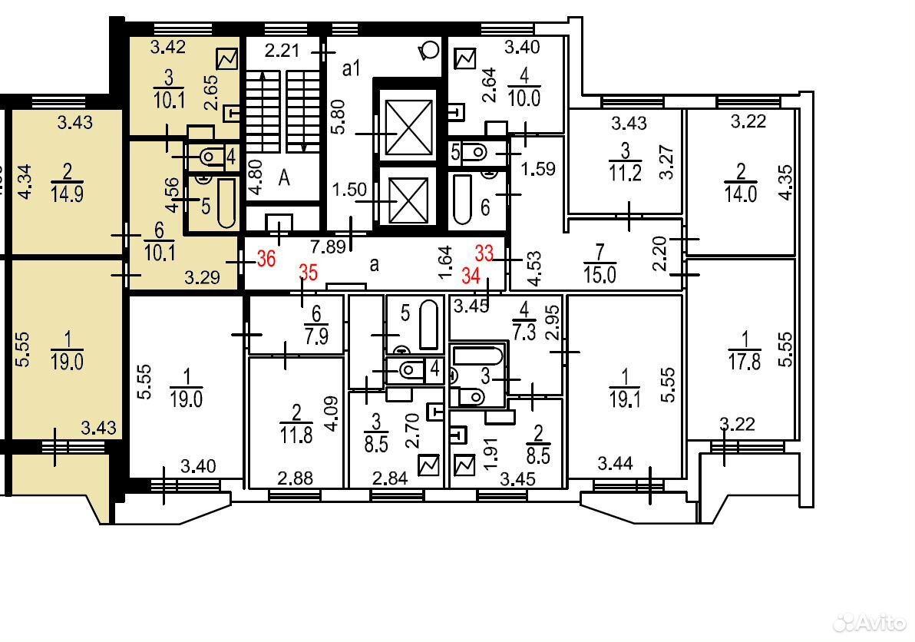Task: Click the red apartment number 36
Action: pyautogui.click(x=266, y=258)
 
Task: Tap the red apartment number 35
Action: pyautogui.click(x=308, y=272)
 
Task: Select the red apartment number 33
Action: pyautogui.click(x=484, y=253)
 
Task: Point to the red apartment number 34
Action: pyautogui.click(x=471, y=275)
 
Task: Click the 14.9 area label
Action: pyautogui.click(x=67, y=194)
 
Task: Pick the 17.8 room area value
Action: pyautogui.click(x=745, y=362)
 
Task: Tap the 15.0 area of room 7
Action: pyautogui.click(x=600, y=274)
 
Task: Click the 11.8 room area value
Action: pyautogui.click(x=296, y=435)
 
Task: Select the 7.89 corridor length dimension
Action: pyautogui.click(x=329, y=247)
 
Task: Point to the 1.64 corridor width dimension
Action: pyautogui.click(x=445, y=262)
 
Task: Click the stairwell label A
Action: pyautogui.click(x=284, y=177)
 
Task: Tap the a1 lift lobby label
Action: pyautogui.click(x=352, y=69)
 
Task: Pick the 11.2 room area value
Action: pyautogui.click(x=626, y=173)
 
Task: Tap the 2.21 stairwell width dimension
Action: pyautogui.click(x=282, y=51)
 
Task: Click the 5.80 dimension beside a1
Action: pyautogui.click(x=338, y=117)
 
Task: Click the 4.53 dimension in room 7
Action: pyautogui.click(x=534, y=268)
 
